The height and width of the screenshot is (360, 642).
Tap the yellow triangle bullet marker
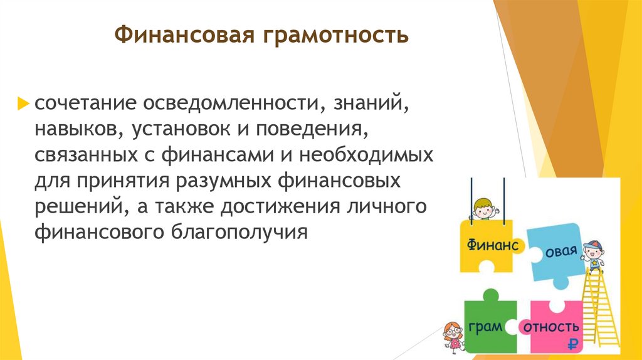tap(25, 102)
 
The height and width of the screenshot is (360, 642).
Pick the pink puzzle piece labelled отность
tap(552, 327)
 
